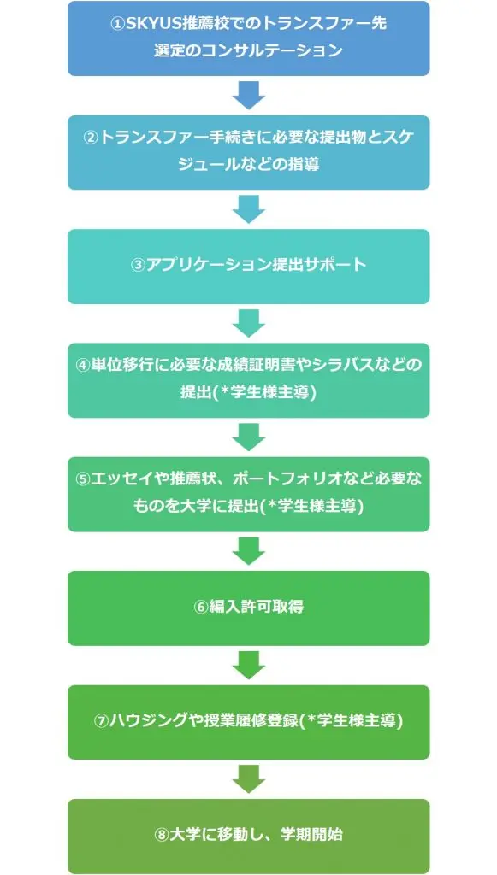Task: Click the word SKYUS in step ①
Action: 152,25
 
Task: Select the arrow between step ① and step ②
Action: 248,96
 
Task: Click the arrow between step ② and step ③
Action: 248,209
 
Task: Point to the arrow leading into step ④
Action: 248,323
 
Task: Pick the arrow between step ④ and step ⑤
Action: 248,437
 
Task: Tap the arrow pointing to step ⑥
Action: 248,551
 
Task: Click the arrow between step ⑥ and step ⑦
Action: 248,665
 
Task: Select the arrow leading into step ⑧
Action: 248,779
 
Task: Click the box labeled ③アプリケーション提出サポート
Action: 248,267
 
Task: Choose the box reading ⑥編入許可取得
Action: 248,608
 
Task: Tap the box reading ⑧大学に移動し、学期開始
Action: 248,836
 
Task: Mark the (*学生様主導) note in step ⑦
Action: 352,720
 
